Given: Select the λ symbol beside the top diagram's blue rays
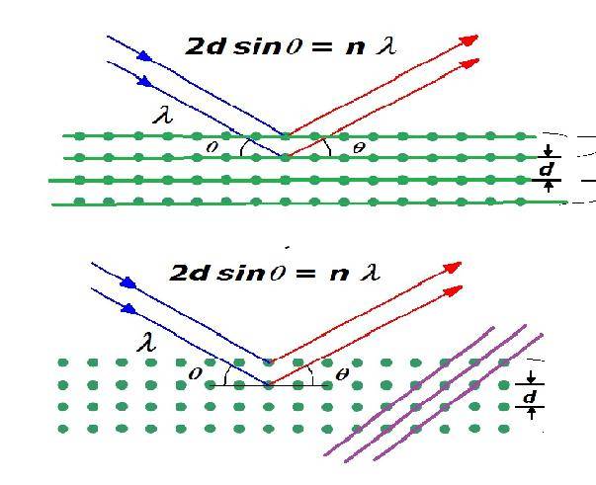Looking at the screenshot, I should [163, 117].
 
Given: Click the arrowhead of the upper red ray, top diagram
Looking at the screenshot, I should [470, 40].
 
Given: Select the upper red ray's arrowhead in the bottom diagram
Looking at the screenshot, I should [454, 267].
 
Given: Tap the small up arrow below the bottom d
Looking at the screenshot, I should [531, 413].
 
